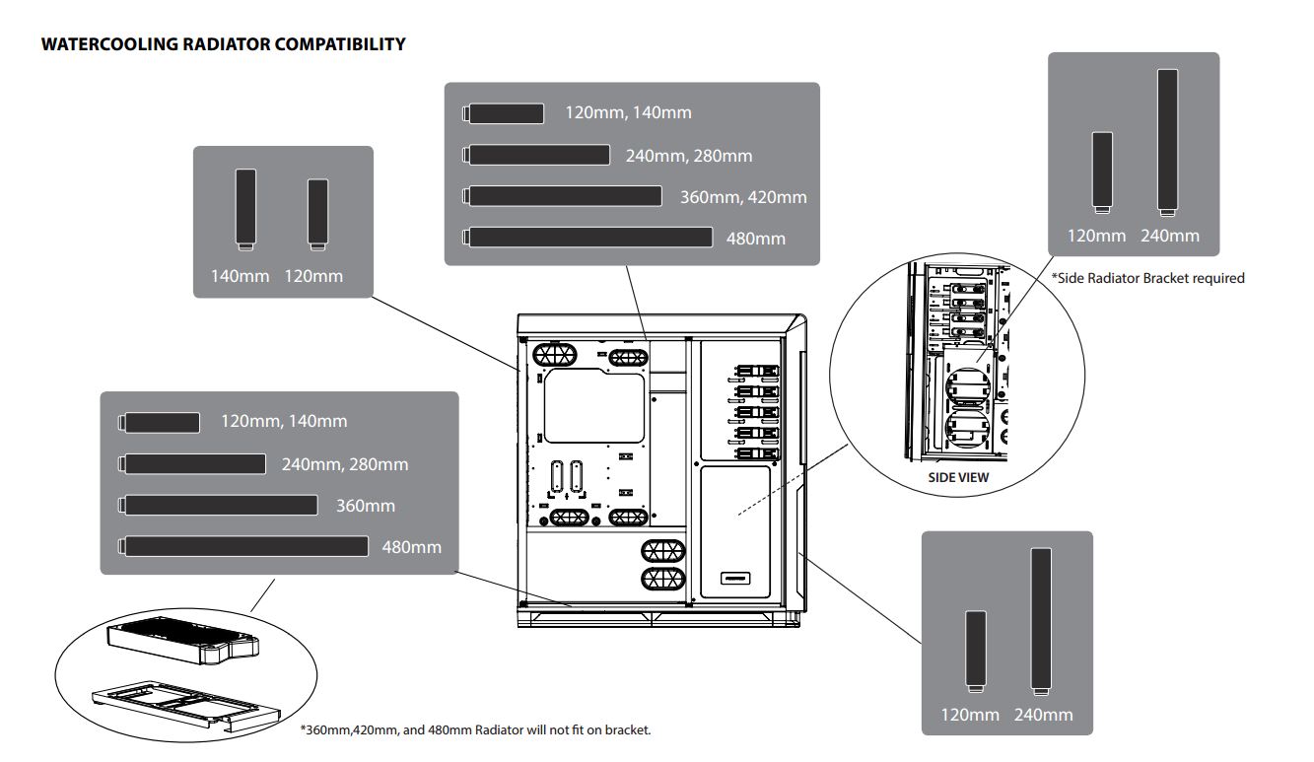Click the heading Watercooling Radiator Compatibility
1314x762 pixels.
pos(223,44)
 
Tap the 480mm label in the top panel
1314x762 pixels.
pos(756,238)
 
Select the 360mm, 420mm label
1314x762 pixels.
pos(743,197)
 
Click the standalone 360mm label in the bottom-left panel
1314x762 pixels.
pos(365,506)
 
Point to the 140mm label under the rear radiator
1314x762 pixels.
pos(240,276)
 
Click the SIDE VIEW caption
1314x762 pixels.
pos(958,478)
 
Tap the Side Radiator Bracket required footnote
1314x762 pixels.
pos(1147,278)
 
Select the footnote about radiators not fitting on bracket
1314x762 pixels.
pos(475,730)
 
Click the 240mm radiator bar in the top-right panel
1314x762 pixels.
pos(1167,141)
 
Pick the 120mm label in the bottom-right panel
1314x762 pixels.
pos(970,715)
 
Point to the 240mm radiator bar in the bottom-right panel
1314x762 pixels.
pos(1040,619)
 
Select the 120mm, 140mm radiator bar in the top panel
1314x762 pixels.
pos(505,113)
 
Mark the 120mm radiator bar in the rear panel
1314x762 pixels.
pos(317,213)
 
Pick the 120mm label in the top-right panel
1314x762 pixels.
pos(1097,237)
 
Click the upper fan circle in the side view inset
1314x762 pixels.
pos(969,384)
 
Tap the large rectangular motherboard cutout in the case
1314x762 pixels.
pos(594,406)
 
